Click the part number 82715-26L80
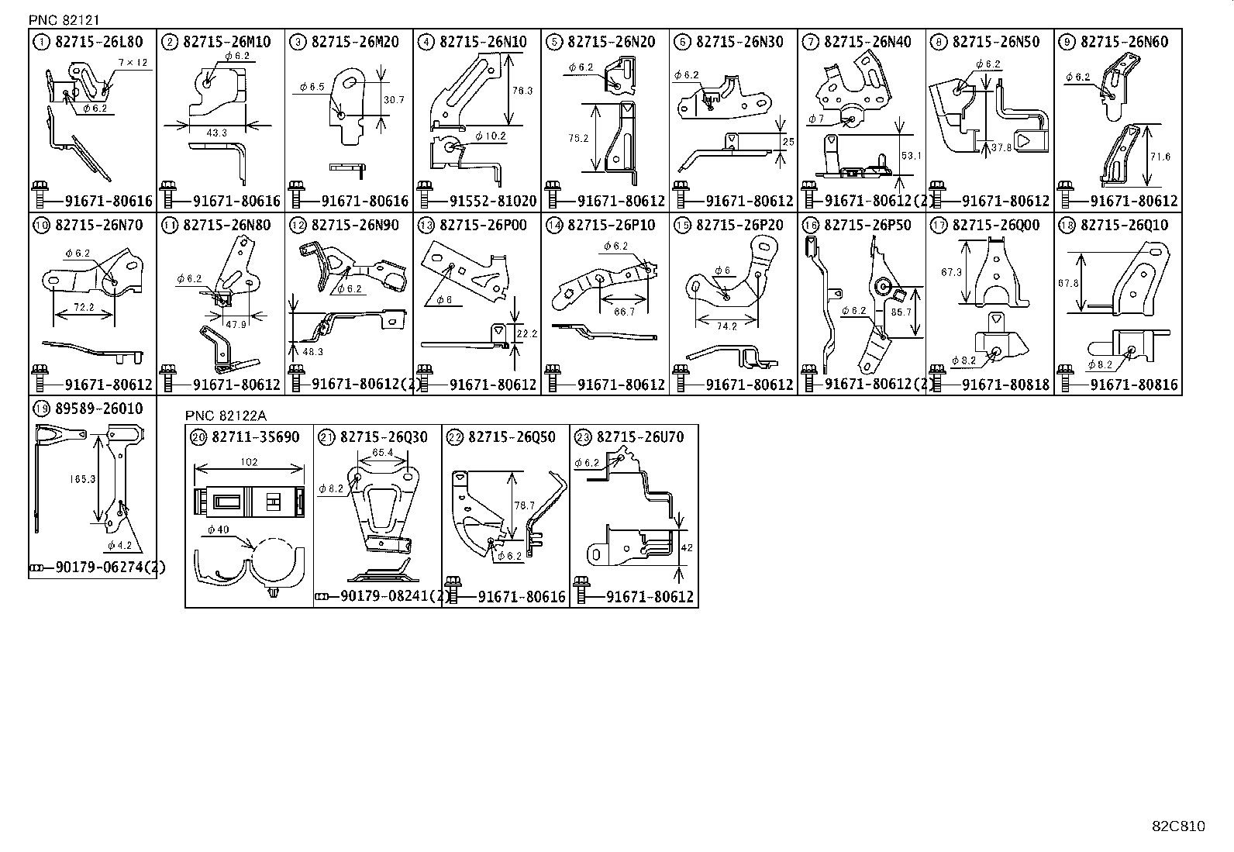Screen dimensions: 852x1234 tap(99, 42)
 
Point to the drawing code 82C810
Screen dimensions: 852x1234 tap(1178, 826)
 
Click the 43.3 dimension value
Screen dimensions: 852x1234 tap(216, 133)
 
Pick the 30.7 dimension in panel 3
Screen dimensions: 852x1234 tap(393, 100)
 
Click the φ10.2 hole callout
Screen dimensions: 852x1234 tap(491, 136)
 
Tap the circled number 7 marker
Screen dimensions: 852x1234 tap(810, 42)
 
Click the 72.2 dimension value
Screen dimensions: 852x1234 tap(83, 308)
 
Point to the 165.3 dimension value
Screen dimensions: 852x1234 tap(81, 479)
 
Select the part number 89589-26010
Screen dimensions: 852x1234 tap(99, 409)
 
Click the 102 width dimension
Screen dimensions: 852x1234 tap(249, 463)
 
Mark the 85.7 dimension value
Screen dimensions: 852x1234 tap(901, 312)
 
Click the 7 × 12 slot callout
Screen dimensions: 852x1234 tap(133, 62)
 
